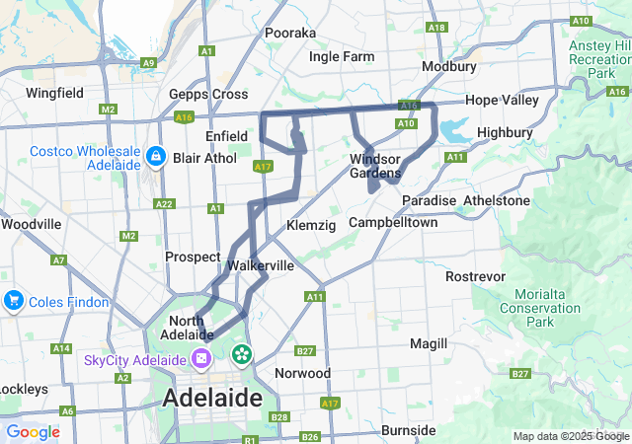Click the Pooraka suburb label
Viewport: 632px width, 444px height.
click(x=290, y=33)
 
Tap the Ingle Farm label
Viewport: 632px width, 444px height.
click(x=342, y=56)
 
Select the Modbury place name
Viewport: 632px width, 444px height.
click(x=448, y=66)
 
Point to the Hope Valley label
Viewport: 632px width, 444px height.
click(x=502, y=100)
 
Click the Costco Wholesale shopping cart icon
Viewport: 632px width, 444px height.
click(x=155, y=157)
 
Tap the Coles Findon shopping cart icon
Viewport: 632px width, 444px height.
click(x=13, y=299)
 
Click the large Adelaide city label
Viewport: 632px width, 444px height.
click(x=211, y=399)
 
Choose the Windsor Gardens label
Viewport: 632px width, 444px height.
click(x=374, y=167)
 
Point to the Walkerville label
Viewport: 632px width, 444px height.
click(x=261, y=265)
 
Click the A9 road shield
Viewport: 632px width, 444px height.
click(x=148, y=62)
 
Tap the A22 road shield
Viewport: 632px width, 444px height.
click(x=164, y=204)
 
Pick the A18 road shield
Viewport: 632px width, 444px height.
click(x=437, y=28)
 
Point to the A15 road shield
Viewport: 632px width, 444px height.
click(x=408, y=103)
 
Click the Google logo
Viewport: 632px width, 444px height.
click(x=33, y=432)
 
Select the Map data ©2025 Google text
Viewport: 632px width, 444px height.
click(x=569, y=436)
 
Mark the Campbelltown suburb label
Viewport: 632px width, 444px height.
click(x=392, y=222)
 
